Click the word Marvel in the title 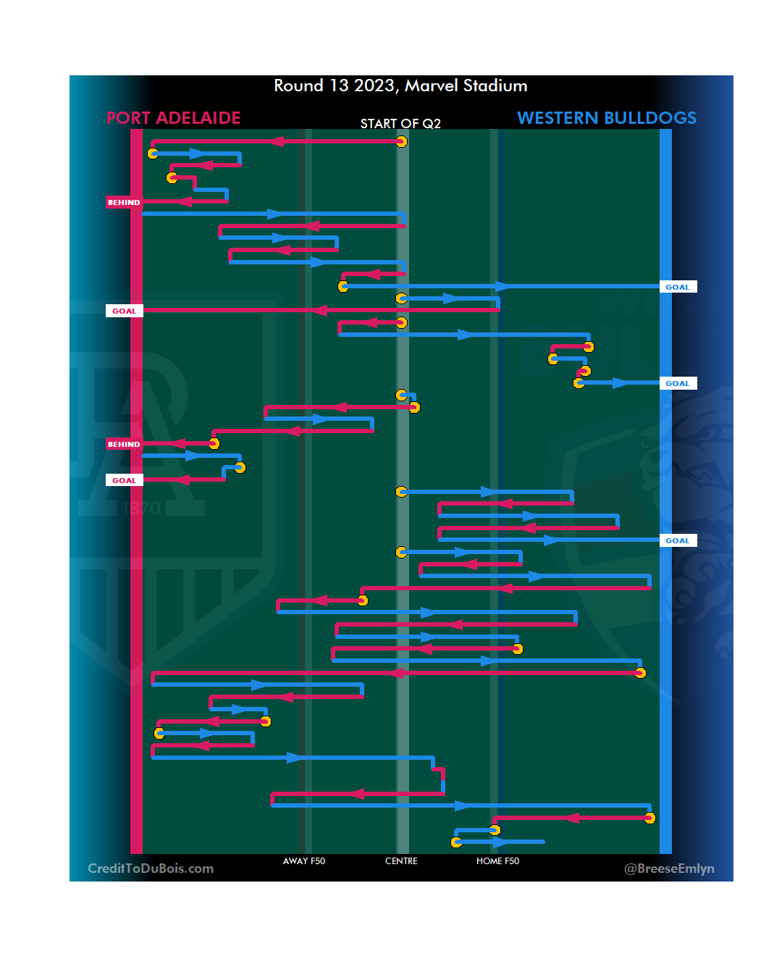tap(432, 85)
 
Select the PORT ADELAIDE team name tap(173, 118)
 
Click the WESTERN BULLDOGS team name tap(606, 118)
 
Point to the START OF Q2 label tap(400, 124)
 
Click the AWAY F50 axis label tap(303, 861)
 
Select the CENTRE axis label tap(401, 861)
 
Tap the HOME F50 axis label tap(497, 861)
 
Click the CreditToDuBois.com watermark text tap(151, 868)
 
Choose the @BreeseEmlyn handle tap(669, 868)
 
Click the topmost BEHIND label tap(124, 202)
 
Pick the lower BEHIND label tap(124, 444)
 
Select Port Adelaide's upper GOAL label tap(124, 311)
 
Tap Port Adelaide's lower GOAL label tap(124, 480)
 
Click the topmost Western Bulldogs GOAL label tap(678, 287)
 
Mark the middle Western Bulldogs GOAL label tap(678, 383)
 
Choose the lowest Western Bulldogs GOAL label tap(678, 540)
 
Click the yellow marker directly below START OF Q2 tap(401, 141)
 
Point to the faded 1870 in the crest tap(141, 508)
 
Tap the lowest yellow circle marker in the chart tap(456, 842)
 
